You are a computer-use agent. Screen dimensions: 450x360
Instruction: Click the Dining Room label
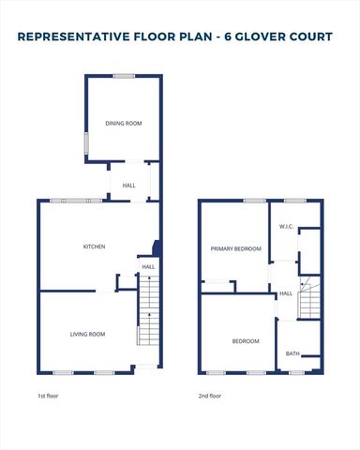(x=123, y=122)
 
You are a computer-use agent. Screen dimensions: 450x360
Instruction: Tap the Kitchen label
(x=94, y=247)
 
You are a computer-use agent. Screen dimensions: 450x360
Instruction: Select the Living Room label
(x=88, y=334)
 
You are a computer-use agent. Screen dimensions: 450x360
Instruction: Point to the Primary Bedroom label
(x=235, y=248)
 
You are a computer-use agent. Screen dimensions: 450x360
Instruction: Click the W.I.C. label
(x=287, y=228)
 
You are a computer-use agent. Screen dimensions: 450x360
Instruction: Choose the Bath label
(x=292, y=353)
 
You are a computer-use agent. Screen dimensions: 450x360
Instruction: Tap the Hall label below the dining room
(x=129, y=186)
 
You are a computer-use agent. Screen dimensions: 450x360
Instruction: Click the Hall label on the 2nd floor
(x=285, y=293)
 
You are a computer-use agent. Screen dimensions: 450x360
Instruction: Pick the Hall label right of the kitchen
(x=148, y=267)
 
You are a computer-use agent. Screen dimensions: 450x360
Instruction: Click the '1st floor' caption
(x=47, y=397)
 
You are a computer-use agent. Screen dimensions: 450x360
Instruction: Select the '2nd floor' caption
(x=210, y=397)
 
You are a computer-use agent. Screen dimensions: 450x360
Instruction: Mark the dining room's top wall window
(x=123, y=76)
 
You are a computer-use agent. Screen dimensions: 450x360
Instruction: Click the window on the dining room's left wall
(x=87, y=144)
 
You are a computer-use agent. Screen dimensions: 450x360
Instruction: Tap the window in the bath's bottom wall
(x=297, y=372)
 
